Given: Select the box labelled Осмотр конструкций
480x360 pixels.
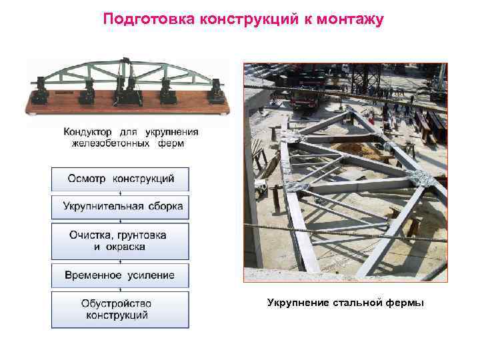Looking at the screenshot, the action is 121,179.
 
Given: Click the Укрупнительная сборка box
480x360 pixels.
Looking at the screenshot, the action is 121,207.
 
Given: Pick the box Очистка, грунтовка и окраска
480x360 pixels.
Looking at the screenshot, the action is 121,241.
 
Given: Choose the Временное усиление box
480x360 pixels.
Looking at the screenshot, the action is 121,275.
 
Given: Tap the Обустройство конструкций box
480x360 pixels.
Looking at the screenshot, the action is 121,309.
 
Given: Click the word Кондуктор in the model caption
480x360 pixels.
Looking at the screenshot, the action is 89,132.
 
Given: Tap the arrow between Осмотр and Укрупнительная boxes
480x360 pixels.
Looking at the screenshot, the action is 121,193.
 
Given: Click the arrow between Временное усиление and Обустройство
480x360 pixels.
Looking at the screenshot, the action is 121,289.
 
